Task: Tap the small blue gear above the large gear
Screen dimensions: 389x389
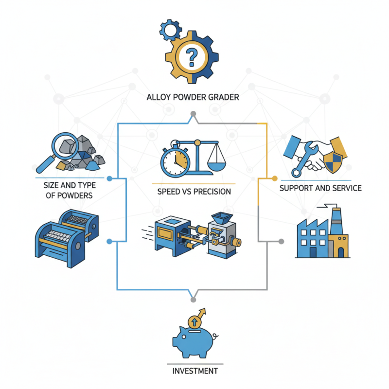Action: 171,31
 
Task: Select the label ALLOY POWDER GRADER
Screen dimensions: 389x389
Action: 193,98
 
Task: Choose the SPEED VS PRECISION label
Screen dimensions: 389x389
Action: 194,191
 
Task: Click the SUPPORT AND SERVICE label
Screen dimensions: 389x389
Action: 320,188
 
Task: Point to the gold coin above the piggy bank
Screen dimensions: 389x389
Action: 194,321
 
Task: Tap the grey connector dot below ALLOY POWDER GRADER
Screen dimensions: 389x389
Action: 193,114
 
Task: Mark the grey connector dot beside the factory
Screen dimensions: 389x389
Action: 281,241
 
